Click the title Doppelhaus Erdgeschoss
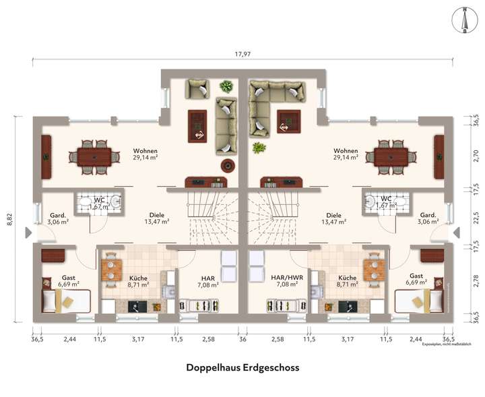click(x=242, y=368)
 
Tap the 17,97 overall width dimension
click(x=242, y=54)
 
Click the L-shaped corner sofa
click(x=272, y=101)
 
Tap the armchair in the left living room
click(x=197, y=89)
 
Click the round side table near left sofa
click(x=227, y=164)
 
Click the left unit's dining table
click(x=94, y=156)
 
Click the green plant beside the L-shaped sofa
click(x=258, y=148)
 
